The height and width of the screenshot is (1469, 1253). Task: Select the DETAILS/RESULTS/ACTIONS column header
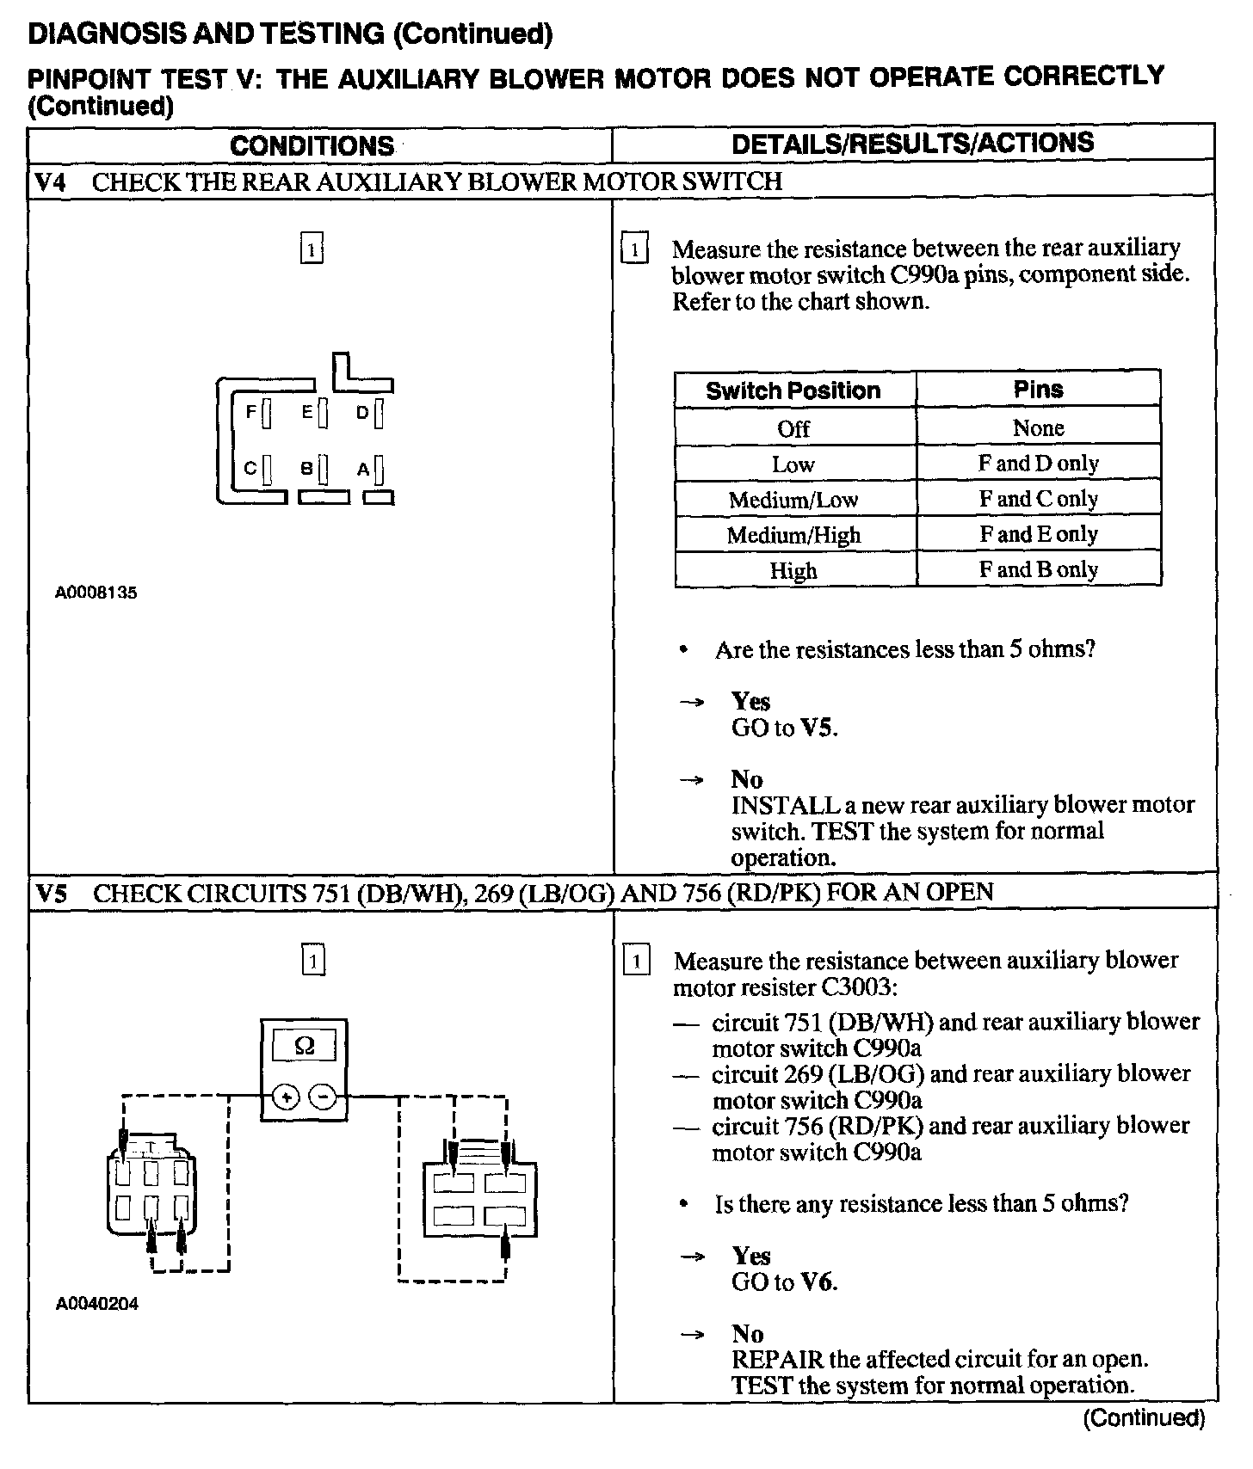pyautogui.click(x=912, y=143)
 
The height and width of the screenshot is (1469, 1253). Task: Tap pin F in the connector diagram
pyautogui.click(x=266, y=414)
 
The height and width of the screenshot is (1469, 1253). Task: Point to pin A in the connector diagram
pyautogui.click(x=379, y=470)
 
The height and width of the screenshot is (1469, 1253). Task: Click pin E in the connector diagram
pyautogui.click(x=322, y=414)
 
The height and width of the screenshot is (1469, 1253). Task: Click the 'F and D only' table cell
pyautogui.click(x=1038, y=464)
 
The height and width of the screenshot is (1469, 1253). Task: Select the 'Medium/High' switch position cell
pyautogui.click(x=793, y=535)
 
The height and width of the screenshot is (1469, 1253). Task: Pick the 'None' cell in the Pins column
pyautogui.click(x=1038, y=427)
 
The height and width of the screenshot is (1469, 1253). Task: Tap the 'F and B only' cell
pyautogui.click(x=1038, y=569)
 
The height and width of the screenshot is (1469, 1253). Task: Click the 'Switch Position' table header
pyautogui.click(x=793, y=390)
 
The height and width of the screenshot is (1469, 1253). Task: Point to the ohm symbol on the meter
pyautogui.click(x=304, y=1046)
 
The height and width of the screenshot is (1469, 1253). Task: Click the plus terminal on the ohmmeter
pyautogui.click(x=287, y=1097)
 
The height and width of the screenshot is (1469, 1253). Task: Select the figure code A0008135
pyautogui.click(x=96, y=593)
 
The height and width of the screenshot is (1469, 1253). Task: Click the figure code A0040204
pyautogui.click(x=96, y=1304)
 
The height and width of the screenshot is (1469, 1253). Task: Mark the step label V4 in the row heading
pyautogui.click(x=51, y=182)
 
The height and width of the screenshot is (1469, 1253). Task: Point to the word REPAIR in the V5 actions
pyautogui.click(x=771, y=1360)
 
